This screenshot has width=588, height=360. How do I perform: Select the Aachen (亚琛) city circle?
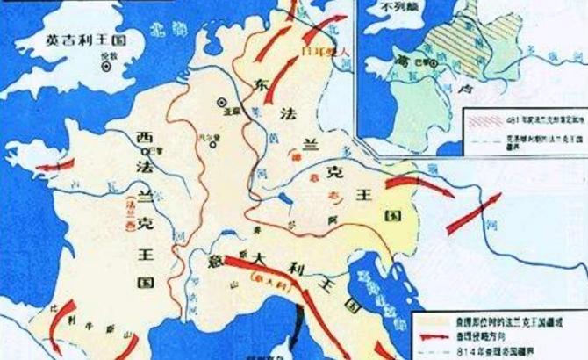(224, 102)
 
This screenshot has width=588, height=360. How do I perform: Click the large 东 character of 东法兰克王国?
(260, 86)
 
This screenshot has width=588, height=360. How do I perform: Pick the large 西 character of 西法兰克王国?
(145, 136)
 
